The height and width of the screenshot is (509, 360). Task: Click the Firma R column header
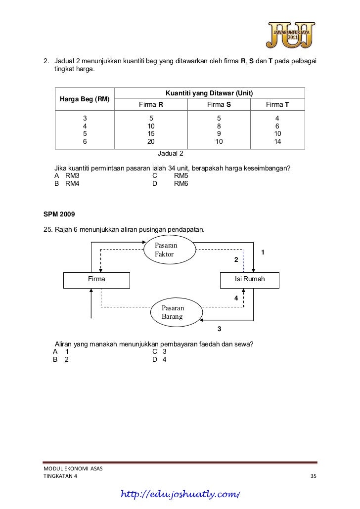tap(151, 105)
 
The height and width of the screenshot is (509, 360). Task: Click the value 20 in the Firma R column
tap(151, 141)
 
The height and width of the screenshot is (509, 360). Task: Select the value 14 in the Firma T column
tap(277, 141)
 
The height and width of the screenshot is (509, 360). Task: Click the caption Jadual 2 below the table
tap(170, 153)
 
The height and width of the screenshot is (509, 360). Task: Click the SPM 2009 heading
tap(59, 214)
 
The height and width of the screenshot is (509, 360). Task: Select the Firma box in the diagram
tap(96, 280)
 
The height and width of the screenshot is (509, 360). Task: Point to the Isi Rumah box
tap(249, 280)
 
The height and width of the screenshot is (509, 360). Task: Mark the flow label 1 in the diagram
tap(263, 253)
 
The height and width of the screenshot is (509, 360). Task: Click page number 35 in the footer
tap(312, 476)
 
